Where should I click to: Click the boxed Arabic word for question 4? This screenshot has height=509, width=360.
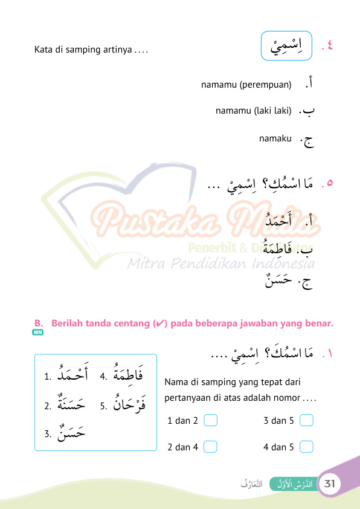[x=287, y=44]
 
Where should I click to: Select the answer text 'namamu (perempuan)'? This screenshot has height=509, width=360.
[x=246, y=85]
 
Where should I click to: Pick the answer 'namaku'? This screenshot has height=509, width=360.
[x=275, y=139]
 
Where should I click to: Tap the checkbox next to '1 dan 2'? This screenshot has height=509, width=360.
[x=210, y=420]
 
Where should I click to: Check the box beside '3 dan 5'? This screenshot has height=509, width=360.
[x=306, y=420]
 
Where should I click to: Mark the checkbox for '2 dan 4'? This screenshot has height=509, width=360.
[x=210, y=447]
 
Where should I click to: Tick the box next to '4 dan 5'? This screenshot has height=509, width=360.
[x=306, y=447]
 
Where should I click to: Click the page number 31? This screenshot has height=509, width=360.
[x=330, y=484]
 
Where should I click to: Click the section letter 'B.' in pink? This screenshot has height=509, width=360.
[x=39, y=323]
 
